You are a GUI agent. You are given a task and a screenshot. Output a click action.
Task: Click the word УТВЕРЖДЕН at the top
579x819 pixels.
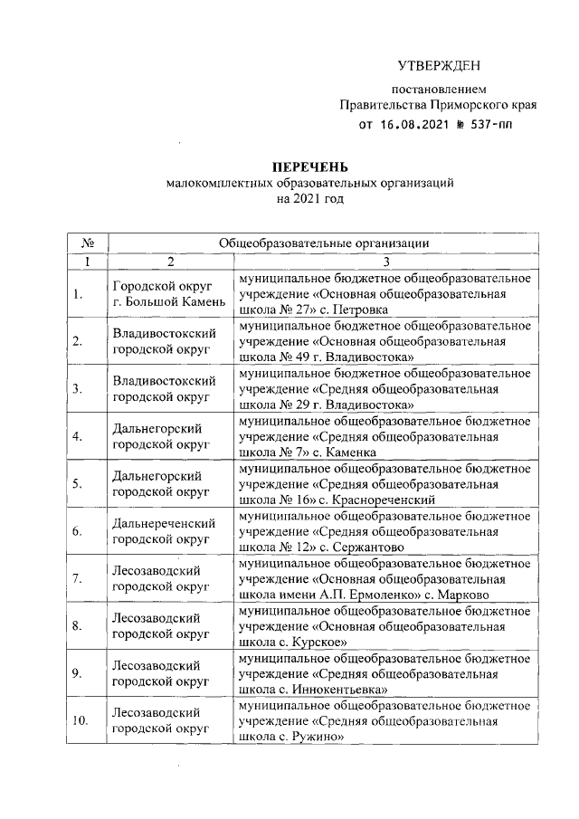[439, 67]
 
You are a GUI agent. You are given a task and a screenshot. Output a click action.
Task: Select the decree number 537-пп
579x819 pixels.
[489, 124]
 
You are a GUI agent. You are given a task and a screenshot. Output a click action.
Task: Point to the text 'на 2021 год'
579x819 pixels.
[310, 197]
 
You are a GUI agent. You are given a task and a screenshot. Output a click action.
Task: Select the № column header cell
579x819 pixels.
[88, 243]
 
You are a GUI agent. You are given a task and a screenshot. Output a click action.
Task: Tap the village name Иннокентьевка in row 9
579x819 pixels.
[336, 688]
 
